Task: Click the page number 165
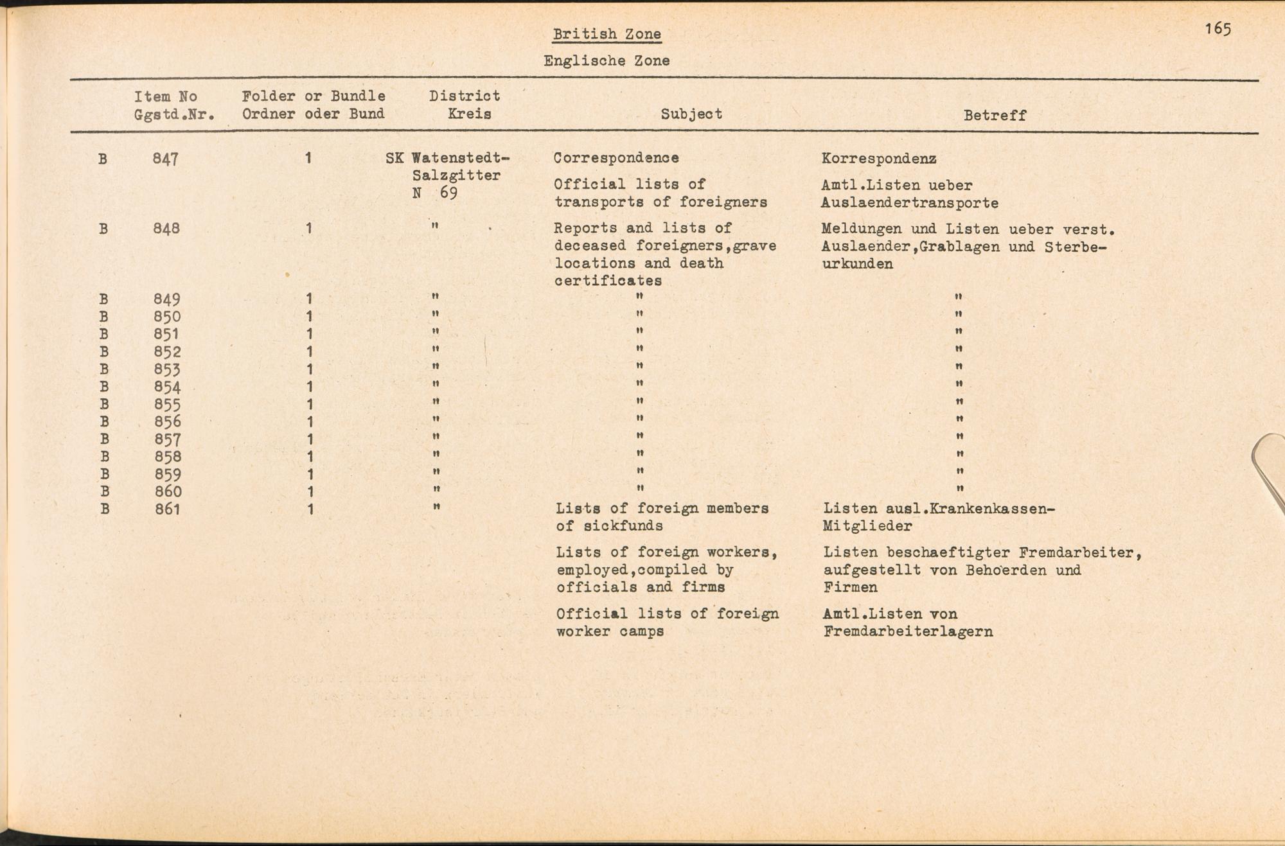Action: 1218,29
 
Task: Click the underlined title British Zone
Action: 607,34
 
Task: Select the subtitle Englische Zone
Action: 607,61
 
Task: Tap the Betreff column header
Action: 995,116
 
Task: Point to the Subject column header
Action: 691,114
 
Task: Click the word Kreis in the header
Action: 469,114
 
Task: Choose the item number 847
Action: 165,159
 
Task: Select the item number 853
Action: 167,369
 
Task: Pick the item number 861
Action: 168,509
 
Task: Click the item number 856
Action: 168,422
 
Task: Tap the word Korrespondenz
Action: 878,159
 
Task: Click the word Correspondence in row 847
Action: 616,158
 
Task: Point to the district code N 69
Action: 435,193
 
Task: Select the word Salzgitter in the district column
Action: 456,175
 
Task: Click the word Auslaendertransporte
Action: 909,204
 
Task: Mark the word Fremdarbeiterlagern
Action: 908,631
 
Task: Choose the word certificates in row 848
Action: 608,281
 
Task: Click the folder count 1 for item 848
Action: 309,229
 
